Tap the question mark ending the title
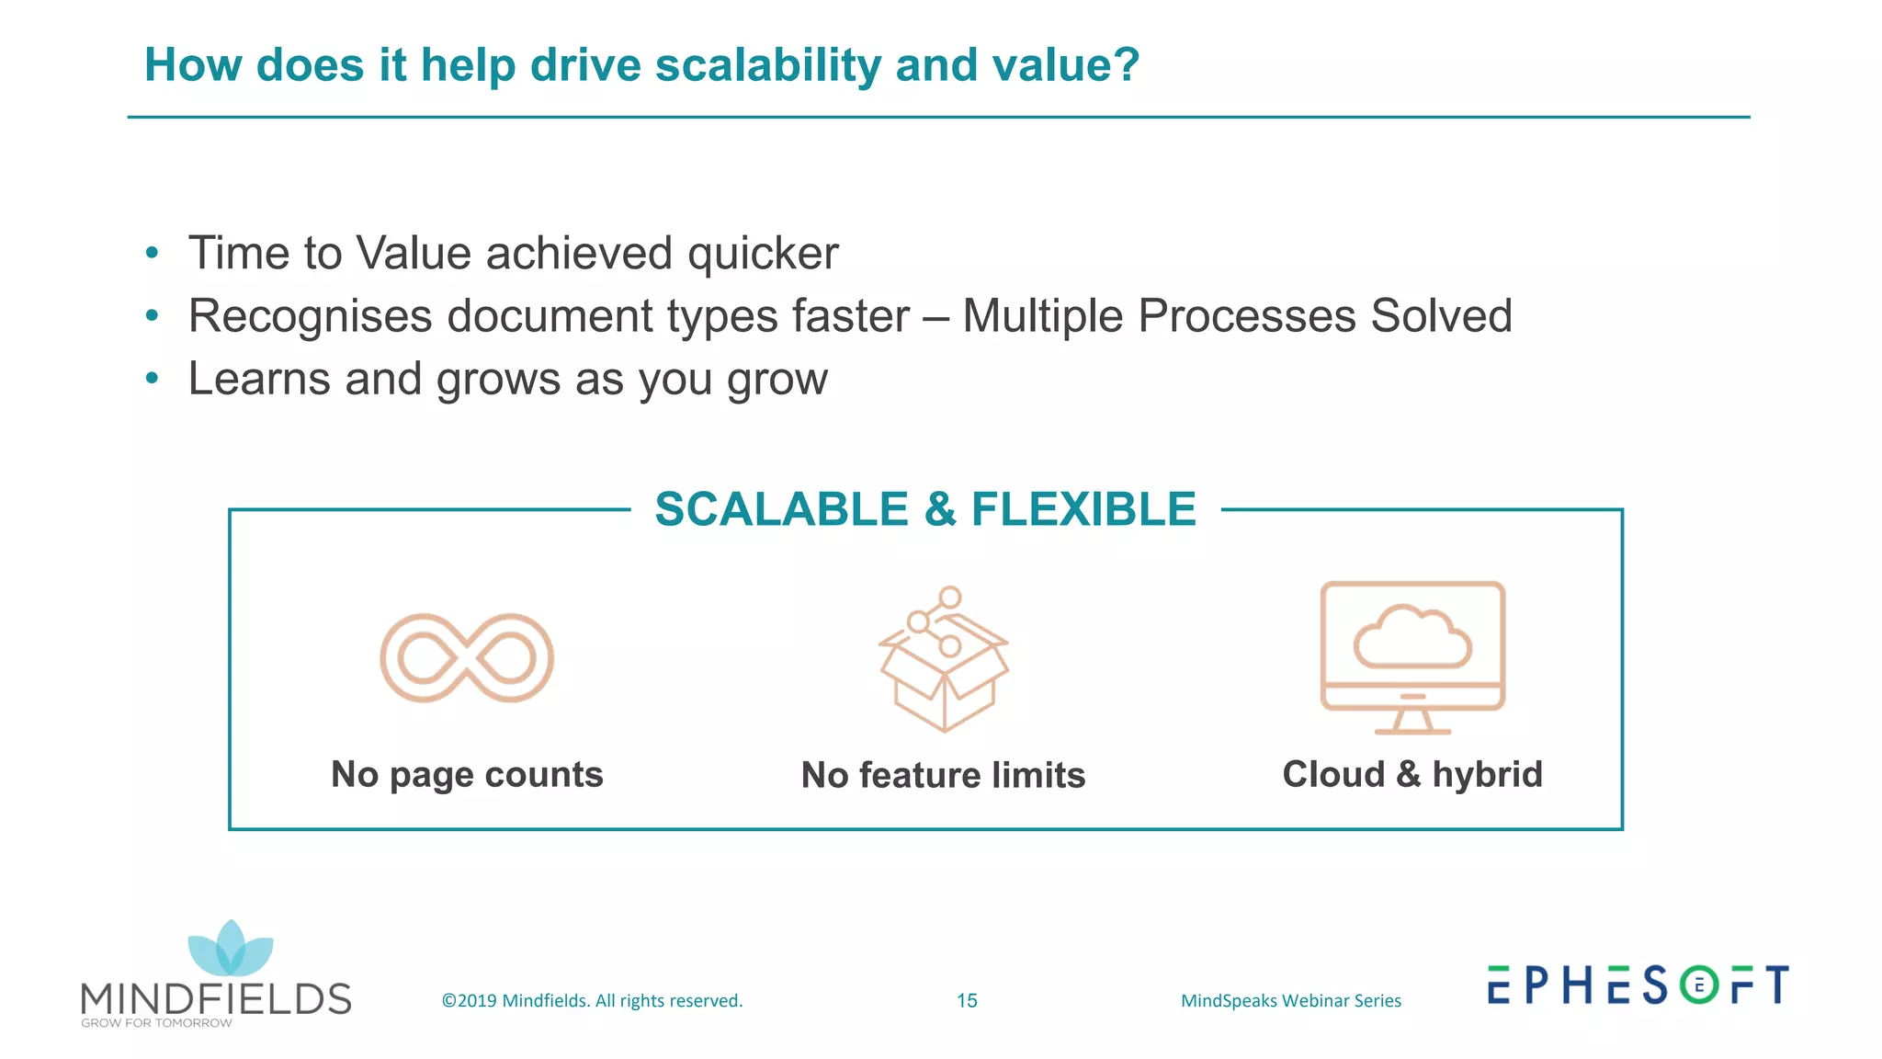[x=1125, y=65]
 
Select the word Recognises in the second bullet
[x=310, y=317]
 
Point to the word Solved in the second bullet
[x=1441, y=316]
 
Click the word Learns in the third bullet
[x=259, y=379]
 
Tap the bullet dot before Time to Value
[x=153, y=254]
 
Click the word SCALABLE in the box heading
[x=781, y=509]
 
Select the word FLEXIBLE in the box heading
[x=1083, y=509]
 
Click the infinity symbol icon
[x=467, y=658]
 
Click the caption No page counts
[x=467, y=775]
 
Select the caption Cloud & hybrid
[x=1412, y=775]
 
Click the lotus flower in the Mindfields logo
[x=230, y=949]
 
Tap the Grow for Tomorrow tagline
[x=156, y=1023]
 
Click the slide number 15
[x=967, y=1001]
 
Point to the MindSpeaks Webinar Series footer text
[x=1290, y=1001]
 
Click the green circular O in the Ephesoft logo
[x=1699, y=985]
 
